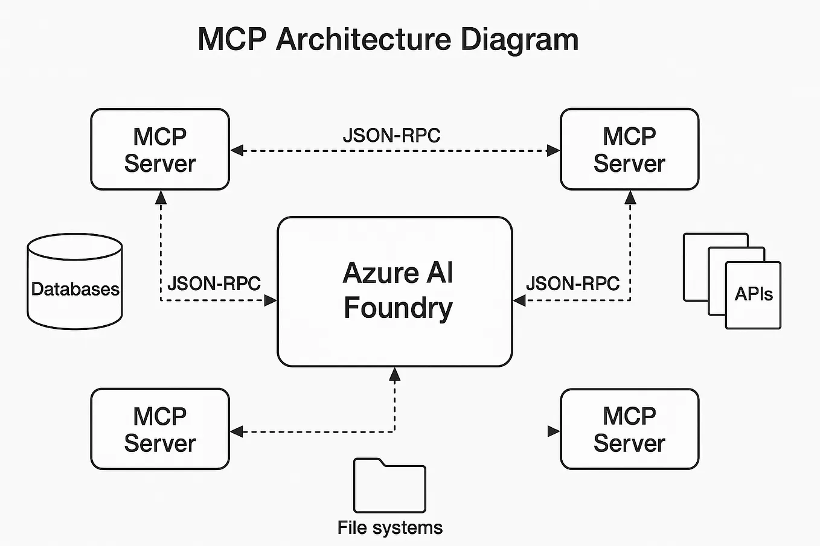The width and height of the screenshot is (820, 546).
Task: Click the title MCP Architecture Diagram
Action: pos(388,40)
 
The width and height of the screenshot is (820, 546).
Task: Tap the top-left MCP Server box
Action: pos(160,150)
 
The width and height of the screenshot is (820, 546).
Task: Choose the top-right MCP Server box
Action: pos(629,150)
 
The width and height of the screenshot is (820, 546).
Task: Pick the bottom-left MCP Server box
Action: pos(160,429)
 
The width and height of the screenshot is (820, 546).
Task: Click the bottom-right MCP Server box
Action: pos(629,429)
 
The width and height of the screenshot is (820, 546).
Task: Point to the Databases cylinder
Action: pos(75,282)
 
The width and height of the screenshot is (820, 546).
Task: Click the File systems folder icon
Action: pos(389,486)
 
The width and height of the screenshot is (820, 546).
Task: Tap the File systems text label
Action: pos(389,528)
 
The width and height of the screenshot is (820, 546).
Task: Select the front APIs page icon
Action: pos(753,295)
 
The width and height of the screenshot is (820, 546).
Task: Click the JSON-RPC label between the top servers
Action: pos(391,136)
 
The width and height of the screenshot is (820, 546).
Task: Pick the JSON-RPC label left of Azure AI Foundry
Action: pos(214,284)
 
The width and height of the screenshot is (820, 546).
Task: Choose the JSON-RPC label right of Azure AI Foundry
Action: pos(572,284)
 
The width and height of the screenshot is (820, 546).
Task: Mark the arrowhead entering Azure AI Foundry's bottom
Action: pos(395,374)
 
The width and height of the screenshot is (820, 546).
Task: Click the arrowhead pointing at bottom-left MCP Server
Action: pos(237,431)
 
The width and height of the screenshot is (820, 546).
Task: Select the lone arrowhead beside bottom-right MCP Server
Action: pos(553,431)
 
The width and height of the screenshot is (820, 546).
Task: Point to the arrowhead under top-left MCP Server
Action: pos(161,197)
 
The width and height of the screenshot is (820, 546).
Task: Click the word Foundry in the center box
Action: pos(398,308)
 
